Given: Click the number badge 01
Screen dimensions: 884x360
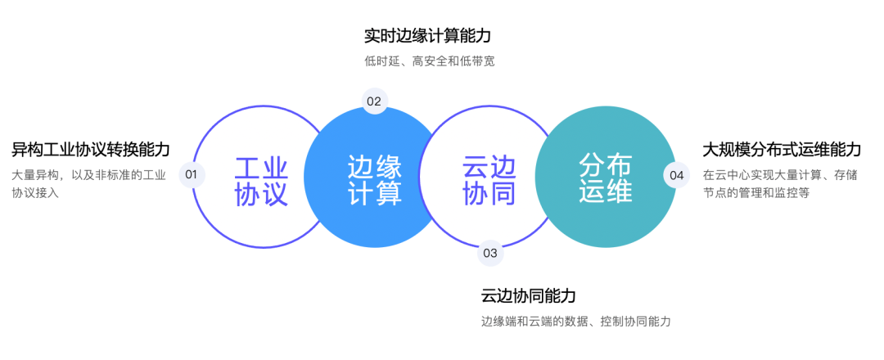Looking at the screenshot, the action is (x=192, y=174).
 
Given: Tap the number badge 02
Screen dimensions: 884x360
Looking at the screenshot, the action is (x=374, y=101).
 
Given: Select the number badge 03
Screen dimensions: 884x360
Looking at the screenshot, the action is (x=490, y=253).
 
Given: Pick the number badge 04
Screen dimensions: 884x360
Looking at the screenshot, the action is (x=676, y=174).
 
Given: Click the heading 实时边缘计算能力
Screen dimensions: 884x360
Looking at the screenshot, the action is (x=427, y=36).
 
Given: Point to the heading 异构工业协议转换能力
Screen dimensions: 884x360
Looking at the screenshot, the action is (x=91, y=150).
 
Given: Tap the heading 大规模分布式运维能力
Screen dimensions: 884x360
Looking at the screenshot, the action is (x=782, y=150).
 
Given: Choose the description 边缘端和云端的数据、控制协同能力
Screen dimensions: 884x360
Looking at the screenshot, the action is (x=576, y=322).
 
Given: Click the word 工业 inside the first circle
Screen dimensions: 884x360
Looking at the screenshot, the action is (x=261, y=167).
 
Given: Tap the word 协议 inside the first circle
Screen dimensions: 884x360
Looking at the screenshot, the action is (x=261, y=195).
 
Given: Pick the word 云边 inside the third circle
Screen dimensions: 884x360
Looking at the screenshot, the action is (x=489, y=167).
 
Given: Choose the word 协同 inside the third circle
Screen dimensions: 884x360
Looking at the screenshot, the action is (x=489, y=195).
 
